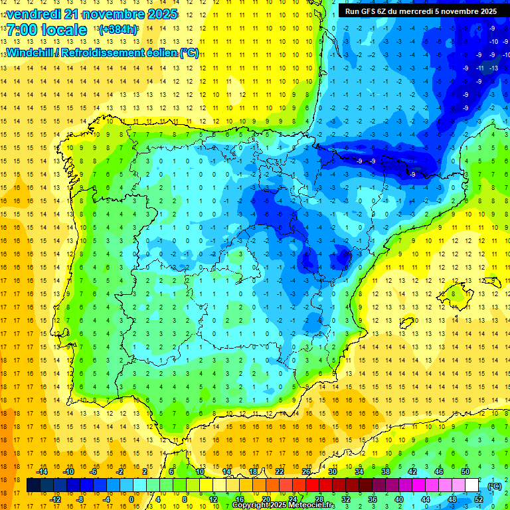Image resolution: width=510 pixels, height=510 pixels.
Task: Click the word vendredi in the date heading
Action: point(35,14)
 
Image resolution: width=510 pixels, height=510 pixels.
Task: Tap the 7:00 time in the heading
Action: point(24,30)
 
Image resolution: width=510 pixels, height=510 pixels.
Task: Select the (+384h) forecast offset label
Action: point(118,30)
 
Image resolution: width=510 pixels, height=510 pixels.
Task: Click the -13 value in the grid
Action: point(493,68)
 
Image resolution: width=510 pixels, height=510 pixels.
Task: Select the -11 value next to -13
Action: point(479,68)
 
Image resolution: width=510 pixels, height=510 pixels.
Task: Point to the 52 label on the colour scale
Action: point(479,499)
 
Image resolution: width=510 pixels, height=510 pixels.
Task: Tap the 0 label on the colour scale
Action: point(131,499)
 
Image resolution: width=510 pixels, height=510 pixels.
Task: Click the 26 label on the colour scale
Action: point(306,471)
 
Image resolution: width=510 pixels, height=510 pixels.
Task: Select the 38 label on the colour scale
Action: point(385,471)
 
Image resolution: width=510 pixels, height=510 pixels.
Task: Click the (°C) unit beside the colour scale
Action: point(495,486)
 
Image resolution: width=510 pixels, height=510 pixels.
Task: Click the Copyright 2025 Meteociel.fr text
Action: point(283,505)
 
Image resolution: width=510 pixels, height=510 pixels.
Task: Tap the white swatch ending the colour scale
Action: point(477,485)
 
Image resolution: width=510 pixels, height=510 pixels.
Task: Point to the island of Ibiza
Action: point(407,323)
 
